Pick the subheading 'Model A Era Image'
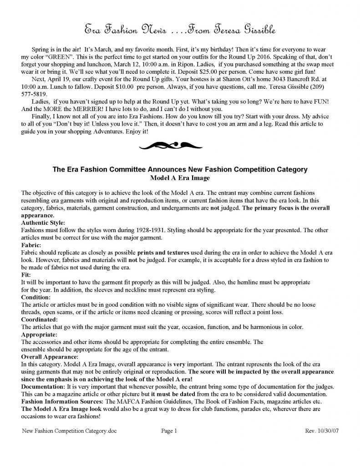pos(180,177)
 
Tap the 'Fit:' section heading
pos(26,275)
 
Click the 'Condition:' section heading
pos(36,297)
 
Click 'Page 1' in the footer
pos(169,431)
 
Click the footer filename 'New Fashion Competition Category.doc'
pos(70,431)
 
